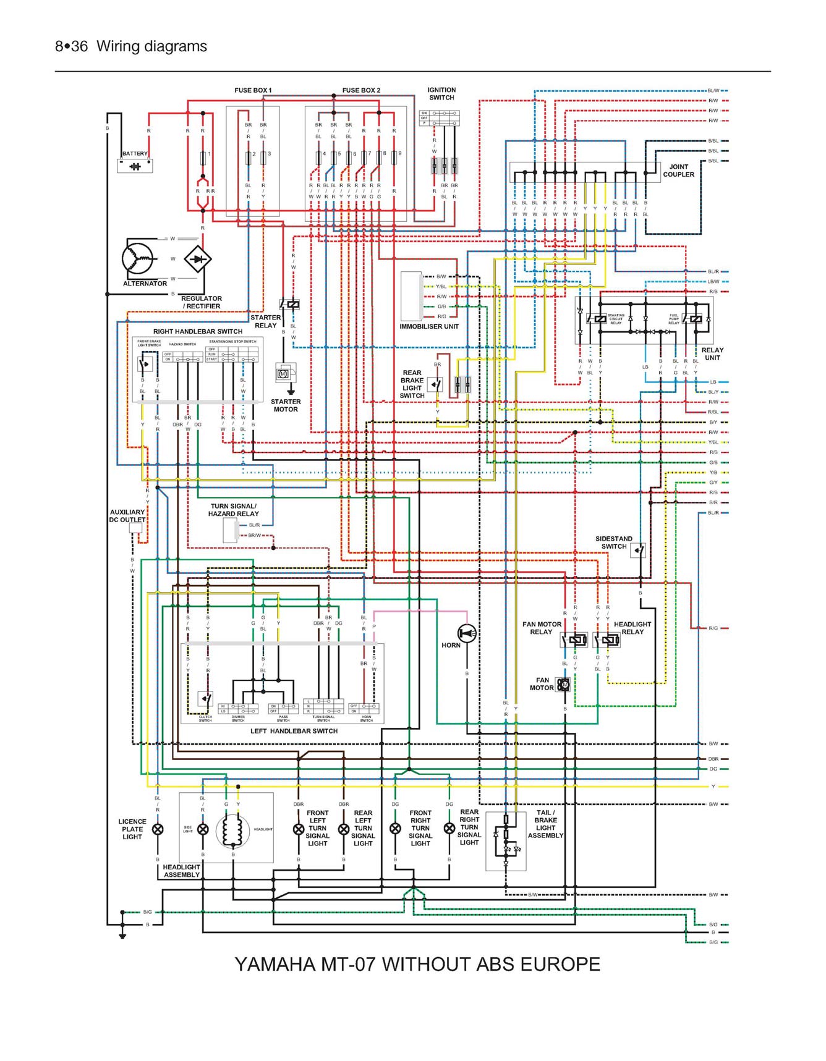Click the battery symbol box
[x=135, y=166]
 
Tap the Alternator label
[x=145, y=284]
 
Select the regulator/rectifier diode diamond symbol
[x=198, y=259]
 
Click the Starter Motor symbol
[x=283, y=374]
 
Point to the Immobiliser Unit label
[x=429, y=326]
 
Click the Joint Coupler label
[x=678, y=171]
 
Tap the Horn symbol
[x=467, y=633]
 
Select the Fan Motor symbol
[x=563, y=685]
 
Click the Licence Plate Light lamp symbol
[x=158, y=829]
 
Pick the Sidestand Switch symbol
[x=638, y=550]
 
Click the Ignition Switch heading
[x=441, y=94]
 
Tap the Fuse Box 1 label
[x=253, y=90]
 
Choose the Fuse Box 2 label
[x=361, y=90]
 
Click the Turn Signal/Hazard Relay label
[x=233, y=510]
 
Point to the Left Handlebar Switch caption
[x=294, y=731]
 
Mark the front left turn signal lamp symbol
[x=299, y=829]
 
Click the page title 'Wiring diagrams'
[x=151, y=46]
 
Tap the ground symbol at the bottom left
[x=122, y=936]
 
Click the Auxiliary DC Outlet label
[x=127, y=516]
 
